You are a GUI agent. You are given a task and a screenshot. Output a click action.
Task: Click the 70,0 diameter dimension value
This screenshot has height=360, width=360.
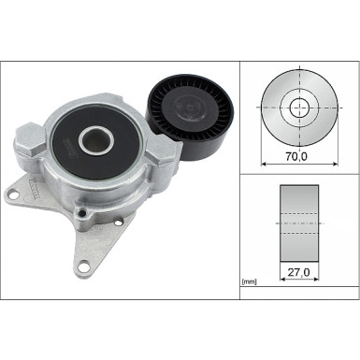(x=297, y=157)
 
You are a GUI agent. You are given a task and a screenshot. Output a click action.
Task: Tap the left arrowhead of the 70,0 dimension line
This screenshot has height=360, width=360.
(x=263, y=164)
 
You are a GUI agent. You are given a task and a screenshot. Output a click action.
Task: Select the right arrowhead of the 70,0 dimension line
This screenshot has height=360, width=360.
(x=332, y=164)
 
